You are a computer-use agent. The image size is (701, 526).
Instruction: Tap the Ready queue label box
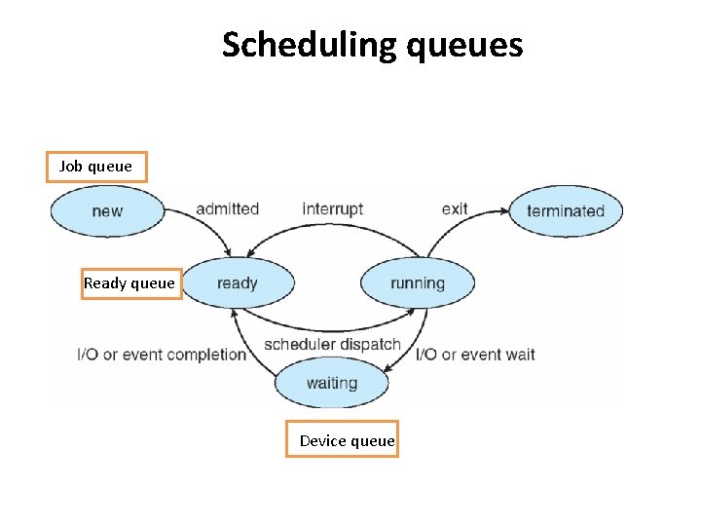click(130, 283)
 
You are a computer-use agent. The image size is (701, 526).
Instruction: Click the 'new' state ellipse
click(107, 210)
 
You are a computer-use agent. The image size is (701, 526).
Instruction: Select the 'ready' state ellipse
click(238, 283)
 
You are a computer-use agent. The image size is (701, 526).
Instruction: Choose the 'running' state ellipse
click(418, 283)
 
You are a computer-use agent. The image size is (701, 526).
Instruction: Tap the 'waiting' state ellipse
click(331, 383)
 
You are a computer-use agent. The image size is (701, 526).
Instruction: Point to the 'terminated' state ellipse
click(566, 210)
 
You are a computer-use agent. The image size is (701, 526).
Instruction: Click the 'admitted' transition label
click(227, 208)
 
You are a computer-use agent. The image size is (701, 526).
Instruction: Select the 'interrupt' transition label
click(332, 208)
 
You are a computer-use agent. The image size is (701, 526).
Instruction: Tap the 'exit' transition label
click(455, 208)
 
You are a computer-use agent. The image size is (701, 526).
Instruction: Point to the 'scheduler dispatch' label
click(332, 344)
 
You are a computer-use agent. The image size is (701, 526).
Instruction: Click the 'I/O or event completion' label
click(162, 354)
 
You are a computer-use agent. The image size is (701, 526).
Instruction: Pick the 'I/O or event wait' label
click(476, 354)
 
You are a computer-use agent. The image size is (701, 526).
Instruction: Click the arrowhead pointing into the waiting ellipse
click(387, 370)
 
